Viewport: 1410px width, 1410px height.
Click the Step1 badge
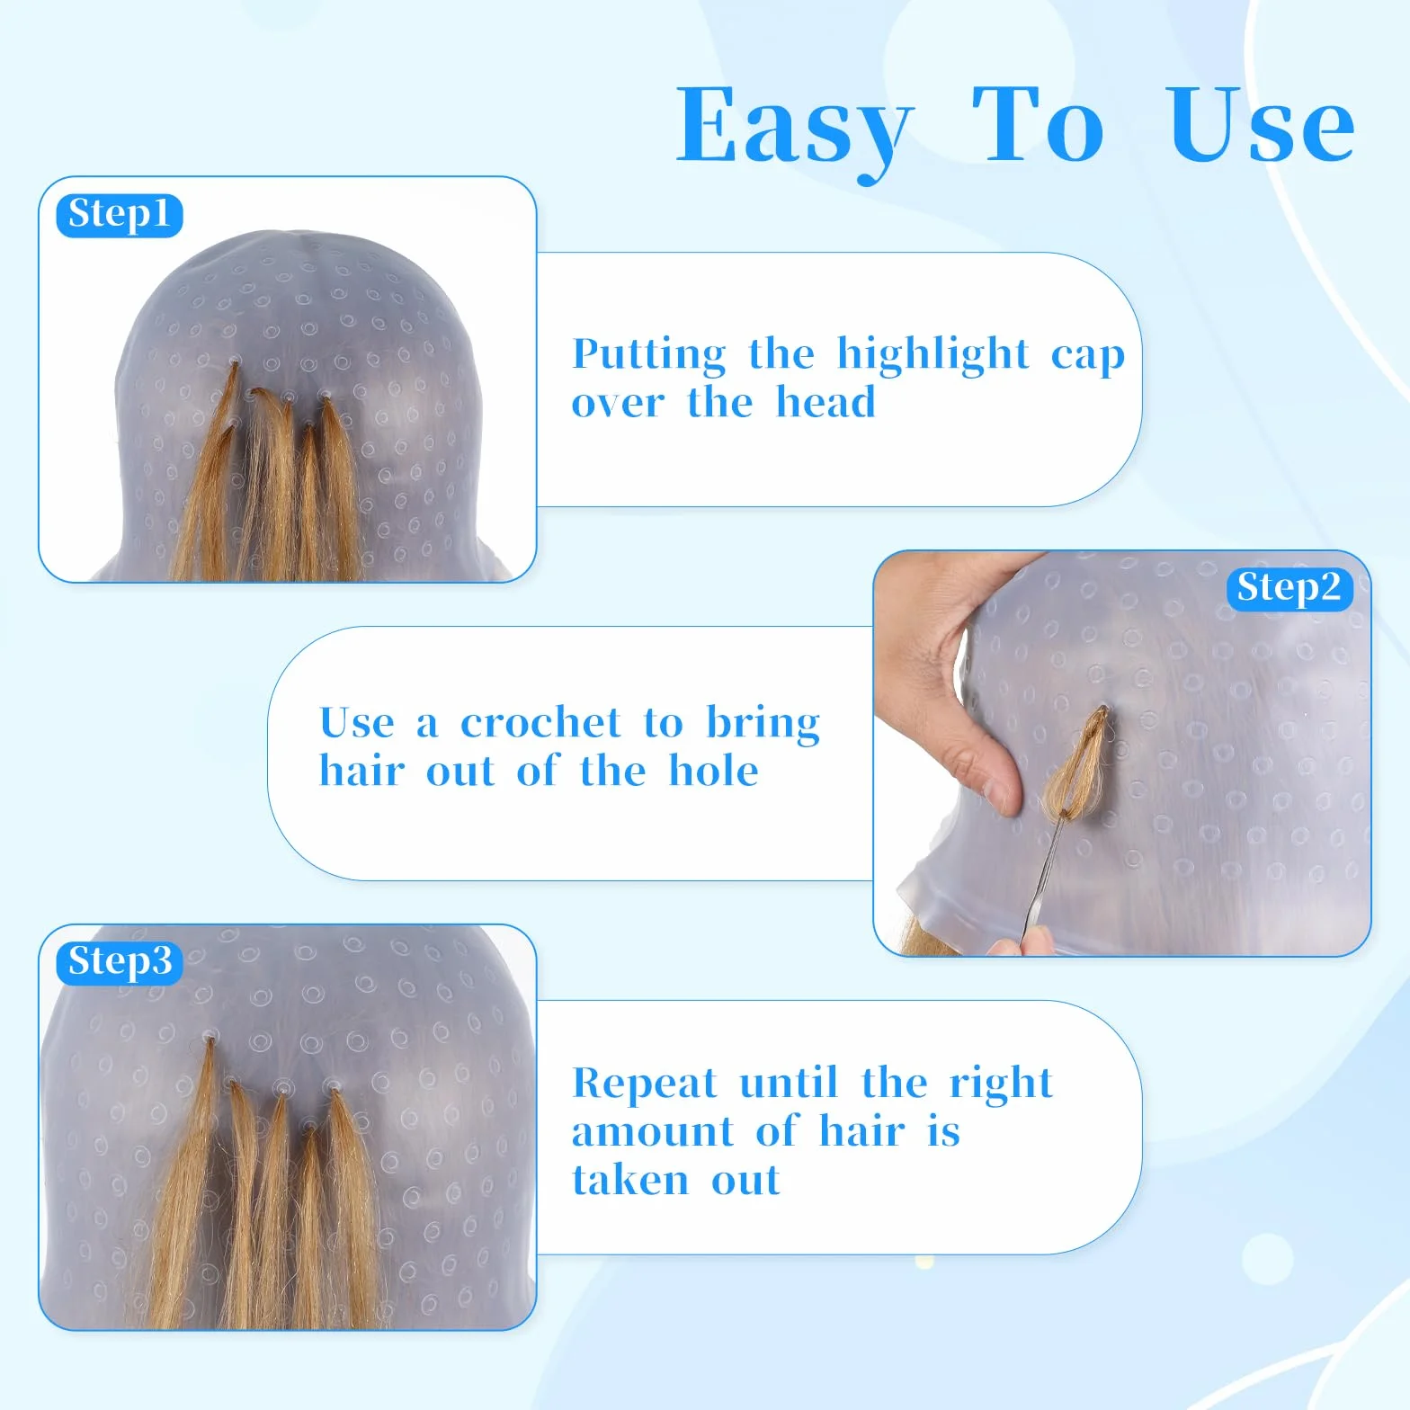pos(120,216)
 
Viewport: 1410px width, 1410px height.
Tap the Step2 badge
pos(1290,589)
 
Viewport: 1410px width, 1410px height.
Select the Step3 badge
pos(120,962)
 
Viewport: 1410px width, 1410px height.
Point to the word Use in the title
pos(1262,125)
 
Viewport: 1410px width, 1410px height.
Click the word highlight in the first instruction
pos(933,355)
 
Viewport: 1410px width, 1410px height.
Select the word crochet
pos(540,723)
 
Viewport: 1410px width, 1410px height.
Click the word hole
pos(714,771)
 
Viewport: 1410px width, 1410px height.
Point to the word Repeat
pos(645,1084)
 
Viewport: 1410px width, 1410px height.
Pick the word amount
pos(653,1133)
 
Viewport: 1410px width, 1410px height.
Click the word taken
pos(630,1180)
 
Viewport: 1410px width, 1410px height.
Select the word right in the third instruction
pos(1001,1084)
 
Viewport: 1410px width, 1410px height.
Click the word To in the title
pos(1039,125)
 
